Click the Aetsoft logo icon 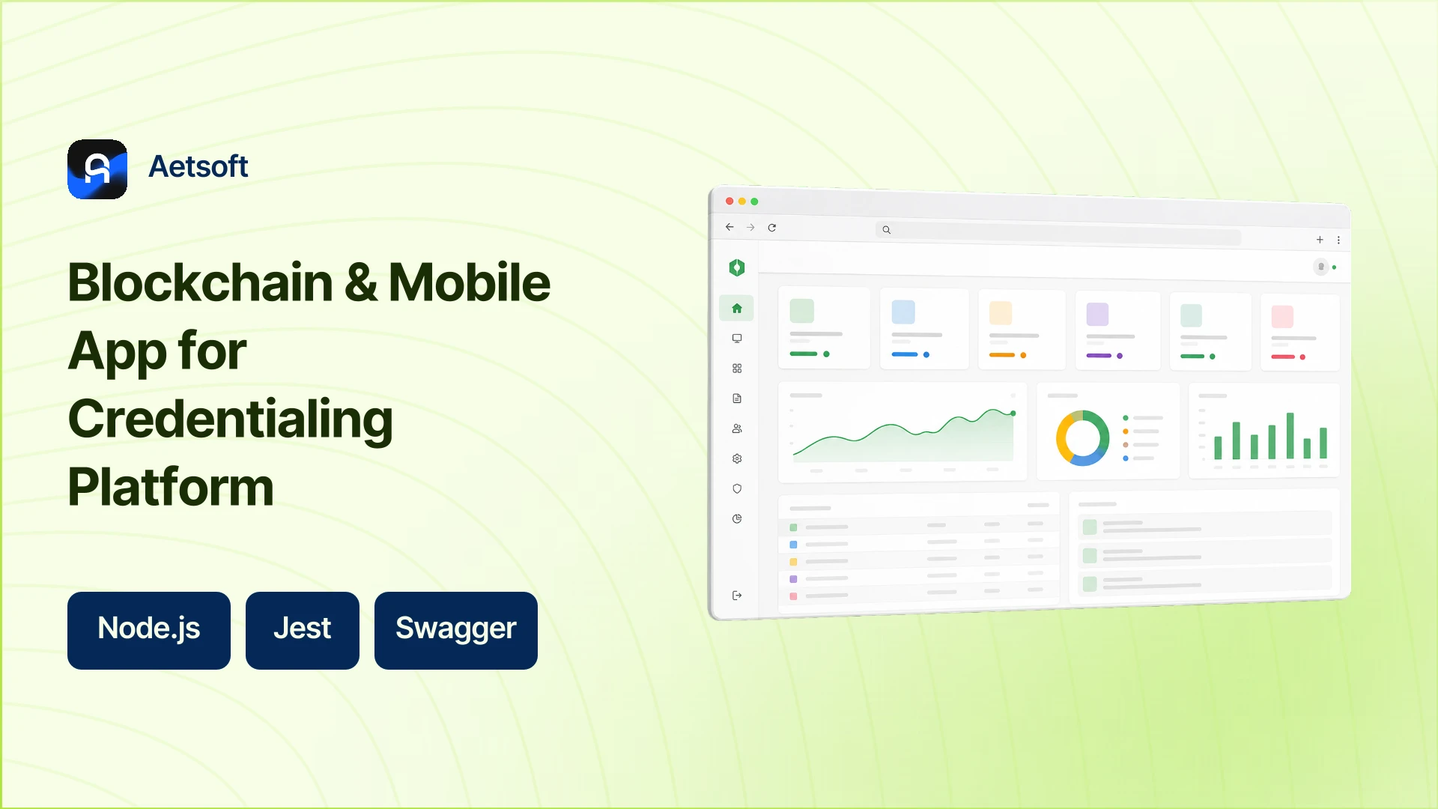click(97, 169)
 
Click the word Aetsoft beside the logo click(198, 166)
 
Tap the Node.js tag click(149, 630)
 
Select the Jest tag click(303, 630)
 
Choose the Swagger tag click(456, 630)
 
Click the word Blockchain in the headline click(201, 282)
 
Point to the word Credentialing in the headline click(231, 419)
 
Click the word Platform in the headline click(171, 487)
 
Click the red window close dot click(729, 201)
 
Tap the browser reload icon click(772, 228)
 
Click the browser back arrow click(729, 227)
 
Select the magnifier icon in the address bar click(887, 230)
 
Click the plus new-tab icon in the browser click(1320, 240)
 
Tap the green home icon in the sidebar click(737, 309)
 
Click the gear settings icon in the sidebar click(737, 458)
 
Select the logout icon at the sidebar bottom click(737, 596)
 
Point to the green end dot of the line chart click(1013, 413)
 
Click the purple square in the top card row click(1097, 315)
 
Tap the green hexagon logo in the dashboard click(737, 267)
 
